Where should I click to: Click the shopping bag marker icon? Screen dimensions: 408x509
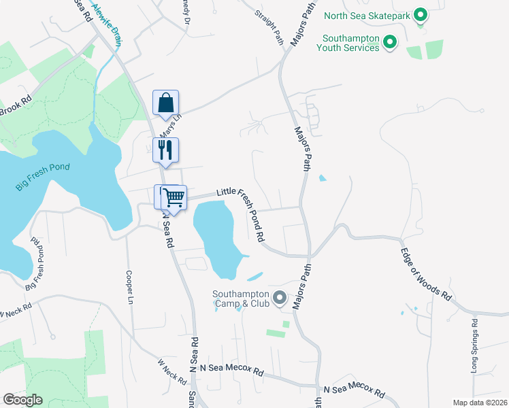point(165,103)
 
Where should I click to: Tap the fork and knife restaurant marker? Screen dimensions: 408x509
point(165,150)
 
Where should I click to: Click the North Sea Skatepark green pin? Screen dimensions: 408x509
point(421,15)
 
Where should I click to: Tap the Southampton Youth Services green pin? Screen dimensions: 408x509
point(390,43)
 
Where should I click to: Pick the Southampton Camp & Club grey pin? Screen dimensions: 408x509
point(279,298)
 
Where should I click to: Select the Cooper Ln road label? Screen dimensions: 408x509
point(129,287)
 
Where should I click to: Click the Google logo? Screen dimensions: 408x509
point(23,400)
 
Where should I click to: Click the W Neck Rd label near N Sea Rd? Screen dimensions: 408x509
point(171,372)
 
